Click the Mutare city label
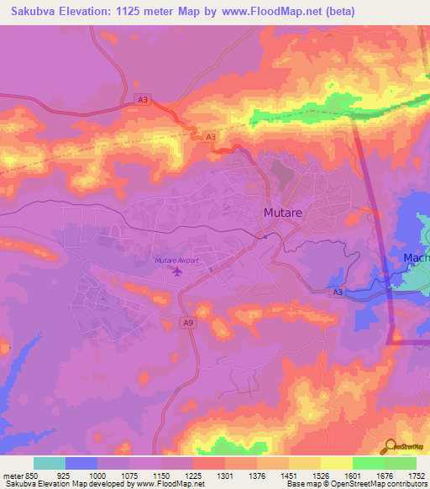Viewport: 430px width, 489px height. coord(283,213)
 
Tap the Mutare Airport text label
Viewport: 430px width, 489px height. coord(176,260)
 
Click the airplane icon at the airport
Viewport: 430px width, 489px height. coord(176,271)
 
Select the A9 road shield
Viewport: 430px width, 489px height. coord(189,321)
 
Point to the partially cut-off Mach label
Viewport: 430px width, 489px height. coord(417,258)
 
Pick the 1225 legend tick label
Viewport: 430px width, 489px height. coord(192,475)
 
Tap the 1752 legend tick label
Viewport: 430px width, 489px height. coord(417,475)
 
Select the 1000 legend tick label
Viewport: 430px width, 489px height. coord(97,475)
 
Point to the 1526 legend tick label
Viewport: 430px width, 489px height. coord(320,475)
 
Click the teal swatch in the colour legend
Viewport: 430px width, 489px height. coord(50,463)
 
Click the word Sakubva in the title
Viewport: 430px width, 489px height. coord(32,12)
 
